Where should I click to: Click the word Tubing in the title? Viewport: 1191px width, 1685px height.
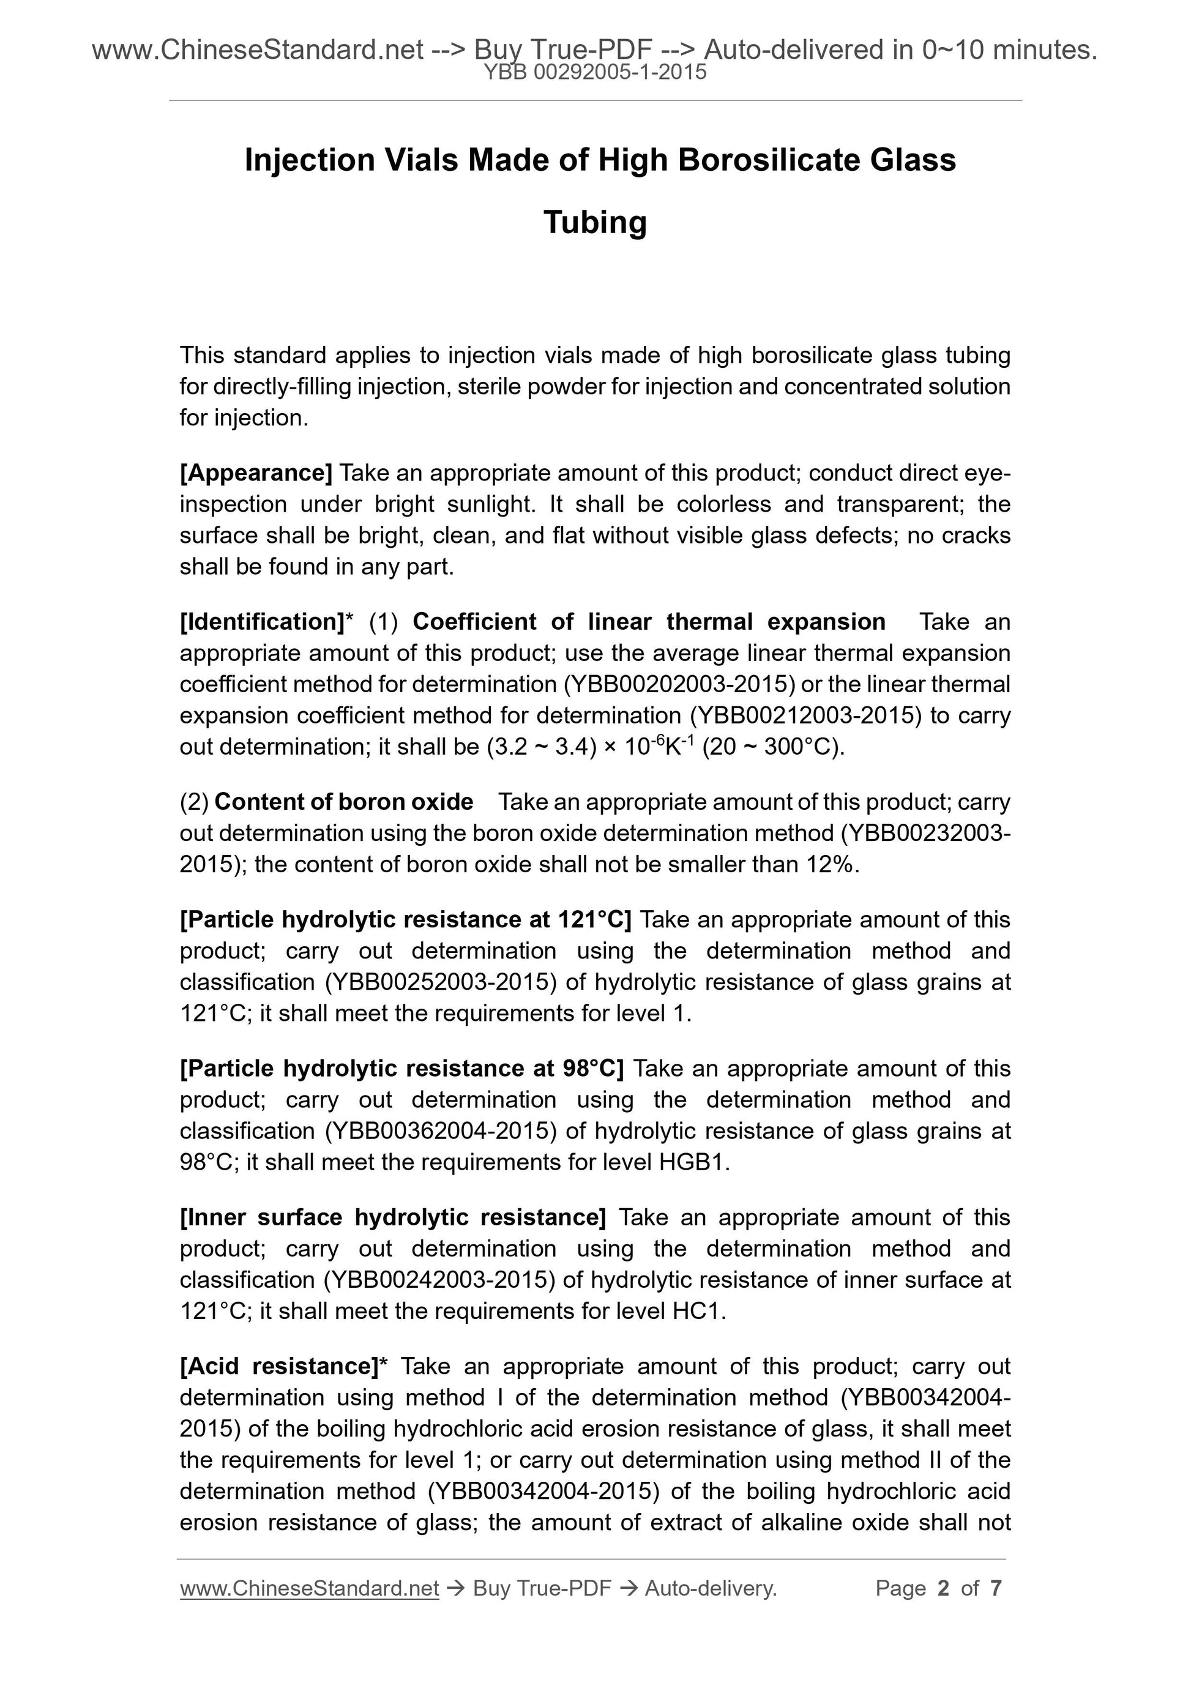click(x=594, y=222)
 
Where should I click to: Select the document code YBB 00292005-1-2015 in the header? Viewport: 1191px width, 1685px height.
click(x=595, y=72)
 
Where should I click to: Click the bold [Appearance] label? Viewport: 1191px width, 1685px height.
click(x=256, y=473)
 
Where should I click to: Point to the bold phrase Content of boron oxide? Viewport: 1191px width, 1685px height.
click(x=343, y=801)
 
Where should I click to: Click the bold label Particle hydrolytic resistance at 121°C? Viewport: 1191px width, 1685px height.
click(x=405, y=919)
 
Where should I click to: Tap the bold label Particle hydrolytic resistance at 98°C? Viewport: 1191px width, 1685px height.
click(x=401, y=1069)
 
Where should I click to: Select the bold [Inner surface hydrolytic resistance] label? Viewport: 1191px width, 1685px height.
click(x=392, y=1217)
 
